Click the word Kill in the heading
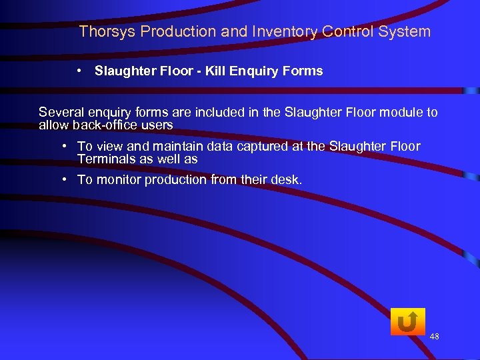(x=207, y=71)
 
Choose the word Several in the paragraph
(x=60, y=112)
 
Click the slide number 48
(x=434, y=337)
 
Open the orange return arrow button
(x=407, y=322)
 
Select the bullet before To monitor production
(x=64, y=179)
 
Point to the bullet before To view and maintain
(x=64, y=146)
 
